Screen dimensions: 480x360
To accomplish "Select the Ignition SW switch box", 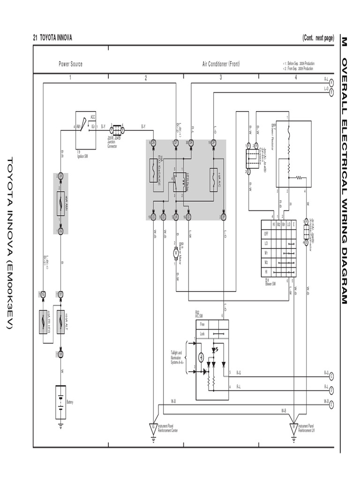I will pos(86,127).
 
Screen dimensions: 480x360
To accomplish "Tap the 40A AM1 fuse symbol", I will pos(60,204).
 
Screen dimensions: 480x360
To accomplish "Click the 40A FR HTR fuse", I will pos(43,321).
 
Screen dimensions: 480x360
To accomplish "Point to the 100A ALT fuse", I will pos(60,321).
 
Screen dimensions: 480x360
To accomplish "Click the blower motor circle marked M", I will pos(176,252).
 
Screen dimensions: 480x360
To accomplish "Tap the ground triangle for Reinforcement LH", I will pos(294,427).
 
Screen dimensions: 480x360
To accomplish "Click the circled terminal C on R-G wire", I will pos(331,375).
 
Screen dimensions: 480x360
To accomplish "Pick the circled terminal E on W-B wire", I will pos(331,404).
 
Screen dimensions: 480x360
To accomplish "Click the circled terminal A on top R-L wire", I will pos(331,82).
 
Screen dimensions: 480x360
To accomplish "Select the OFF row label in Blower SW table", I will pos(266,233).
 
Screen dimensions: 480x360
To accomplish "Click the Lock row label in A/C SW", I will pos(202,334).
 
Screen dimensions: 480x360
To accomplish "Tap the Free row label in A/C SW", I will pos(202,324).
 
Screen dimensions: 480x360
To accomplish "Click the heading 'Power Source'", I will pos(70,64).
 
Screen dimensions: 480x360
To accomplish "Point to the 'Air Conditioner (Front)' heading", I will pos(221,64).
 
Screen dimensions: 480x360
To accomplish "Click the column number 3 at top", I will pos(221,78).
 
